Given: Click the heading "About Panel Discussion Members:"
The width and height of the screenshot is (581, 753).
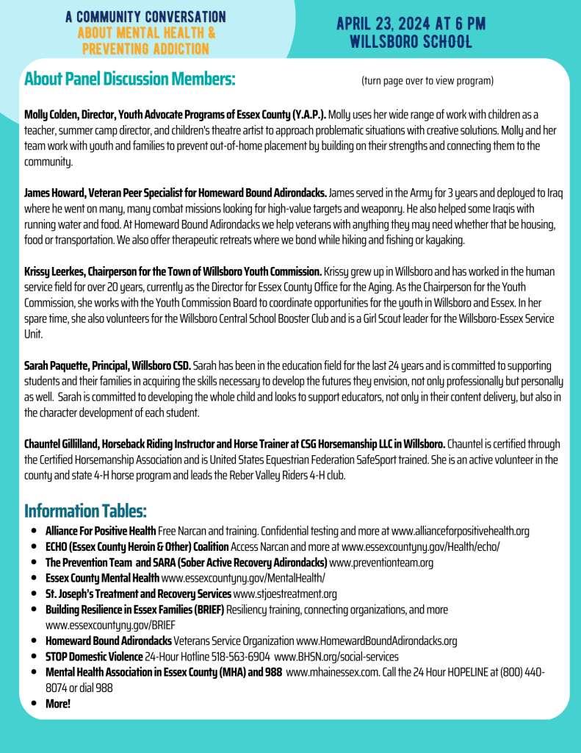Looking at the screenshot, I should coord(129,79).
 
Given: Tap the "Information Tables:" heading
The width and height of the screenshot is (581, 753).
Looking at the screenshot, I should coord(85,510).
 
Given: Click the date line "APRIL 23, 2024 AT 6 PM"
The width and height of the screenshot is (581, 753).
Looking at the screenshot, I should coord(411,24).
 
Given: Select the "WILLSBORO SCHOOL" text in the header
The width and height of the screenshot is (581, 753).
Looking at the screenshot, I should coord(411,41).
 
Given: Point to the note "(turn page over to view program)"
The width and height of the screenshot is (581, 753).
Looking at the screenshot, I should coord(427,80).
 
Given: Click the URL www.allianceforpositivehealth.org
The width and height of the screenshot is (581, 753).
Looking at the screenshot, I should coord(461,531).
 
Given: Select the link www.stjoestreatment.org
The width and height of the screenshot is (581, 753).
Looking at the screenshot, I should coord(285,594).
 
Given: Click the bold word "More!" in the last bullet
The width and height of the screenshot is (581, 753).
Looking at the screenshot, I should coord(58,704).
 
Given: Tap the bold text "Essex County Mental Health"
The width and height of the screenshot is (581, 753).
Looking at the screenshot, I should coord(102,579).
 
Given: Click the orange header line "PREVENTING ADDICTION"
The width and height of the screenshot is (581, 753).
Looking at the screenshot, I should coord(145,49).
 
